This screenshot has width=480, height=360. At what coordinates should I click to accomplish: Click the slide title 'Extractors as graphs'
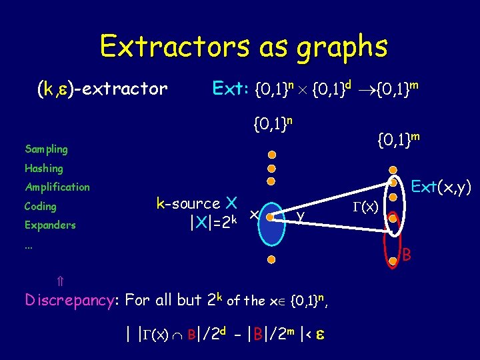click(243, 47)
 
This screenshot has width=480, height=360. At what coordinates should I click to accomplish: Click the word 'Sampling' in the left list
click(46, 149)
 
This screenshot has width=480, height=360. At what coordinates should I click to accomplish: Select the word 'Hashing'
click(44, 169)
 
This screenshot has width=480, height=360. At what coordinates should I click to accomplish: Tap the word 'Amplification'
click(57, 187)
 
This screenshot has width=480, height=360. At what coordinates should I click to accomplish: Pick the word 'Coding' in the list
click(41, 206)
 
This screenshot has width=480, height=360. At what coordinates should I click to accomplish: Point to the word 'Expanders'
click(50, 225)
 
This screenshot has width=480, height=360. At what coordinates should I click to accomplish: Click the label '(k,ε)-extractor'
click(102, 89)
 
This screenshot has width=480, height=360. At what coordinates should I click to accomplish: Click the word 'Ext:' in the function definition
click(231, 88)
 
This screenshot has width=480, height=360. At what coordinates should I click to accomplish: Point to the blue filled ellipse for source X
click(270, 217)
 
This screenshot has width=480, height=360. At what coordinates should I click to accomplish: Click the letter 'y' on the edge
click(301, 215)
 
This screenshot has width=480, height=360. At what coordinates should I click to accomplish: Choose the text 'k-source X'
click(197, 203)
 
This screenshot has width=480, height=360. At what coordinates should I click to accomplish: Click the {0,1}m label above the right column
click(399, 141)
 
